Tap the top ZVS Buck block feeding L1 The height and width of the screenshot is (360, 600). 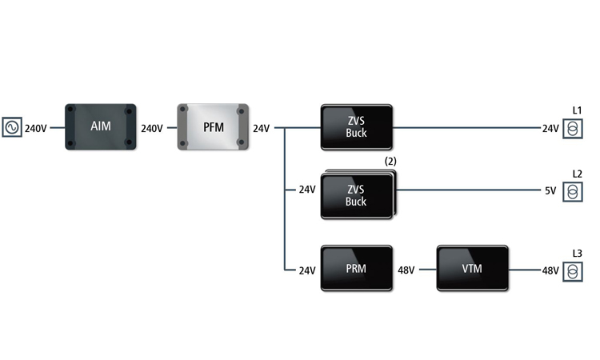[356, 127]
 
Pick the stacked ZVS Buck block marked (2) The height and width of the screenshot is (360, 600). [357, 195]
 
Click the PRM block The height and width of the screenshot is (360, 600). [356, 269]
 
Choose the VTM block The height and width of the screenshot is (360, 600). [472, 269]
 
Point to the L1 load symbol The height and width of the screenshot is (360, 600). [573, 128]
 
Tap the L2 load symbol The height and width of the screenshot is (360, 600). [573, 191]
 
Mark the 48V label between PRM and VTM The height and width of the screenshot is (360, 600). [406, 270]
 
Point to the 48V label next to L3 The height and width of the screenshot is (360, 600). [550, 271]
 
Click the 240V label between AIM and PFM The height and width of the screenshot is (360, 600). [152, 128]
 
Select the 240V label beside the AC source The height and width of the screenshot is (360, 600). [36, 128]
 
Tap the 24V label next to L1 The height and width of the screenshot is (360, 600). [550, 128]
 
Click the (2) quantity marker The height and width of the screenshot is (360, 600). [390, 161]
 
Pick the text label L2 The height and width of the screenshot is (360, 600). [577, 174]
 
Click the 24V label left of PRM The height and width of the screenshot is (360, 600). [307, 270]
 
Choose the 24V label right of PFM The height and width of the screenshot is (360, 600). [262, 128]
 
